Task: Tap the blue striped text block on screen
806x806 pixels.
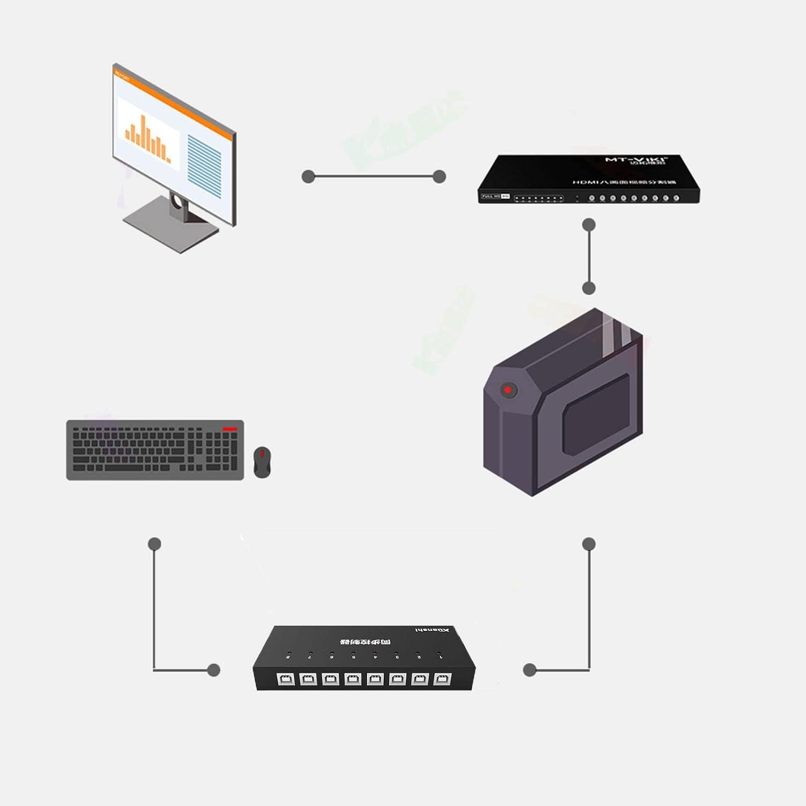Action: pos(204,166)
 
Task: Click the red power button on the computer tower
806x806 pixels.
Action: pos(508,390)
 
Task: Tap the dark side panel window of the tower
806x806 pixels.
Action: pos(596,414)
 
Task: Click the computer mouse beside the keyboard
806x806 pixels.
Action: pos(262,462)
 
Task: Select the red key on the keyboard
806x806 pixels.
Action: pos(230,429)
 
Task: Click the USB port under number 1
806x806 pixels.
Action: pos(442,679)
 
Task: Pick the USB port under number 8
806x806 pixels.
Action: pos(285,679)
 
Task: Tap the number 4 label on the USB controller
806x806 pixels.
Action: pos(375,657)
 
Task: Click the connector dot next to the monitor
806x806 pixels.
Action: pos(308,176)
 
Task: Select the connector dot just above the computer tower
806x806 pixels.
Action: pos(589,289)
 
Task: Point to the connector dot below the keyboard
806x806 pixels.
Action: pos(155,544)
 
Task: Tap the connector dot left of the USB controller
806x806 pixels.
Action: pos(214,670)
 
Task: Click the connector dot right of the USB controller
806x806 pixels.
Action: pos(530,670)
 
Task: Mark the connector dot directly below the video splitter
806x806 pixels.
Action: pos(589,225)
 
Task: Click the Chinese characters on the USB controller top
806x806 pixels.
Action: pos(366,642)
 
